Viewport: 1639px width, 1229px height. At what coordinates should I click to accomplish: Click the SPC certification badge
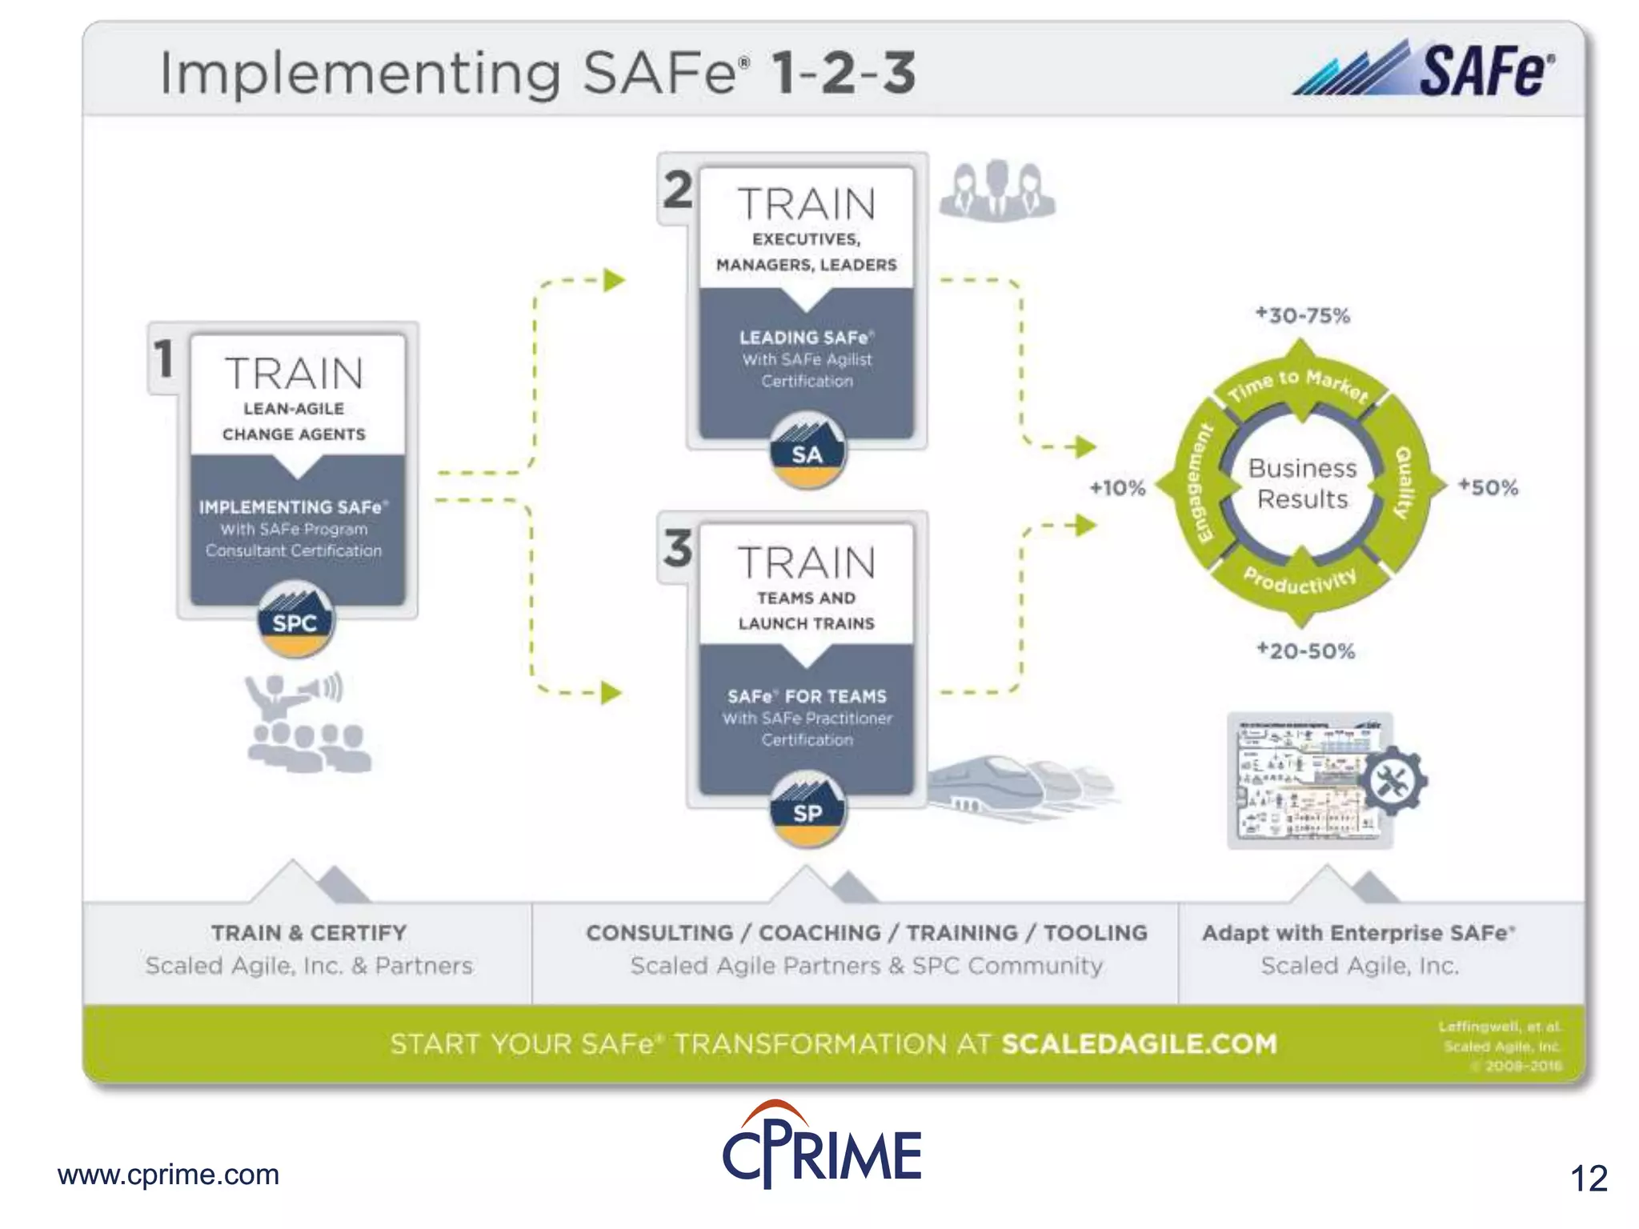(295, 621)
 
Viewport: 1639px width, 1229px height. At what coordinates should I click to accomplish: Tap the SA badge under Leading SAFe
(807, 453)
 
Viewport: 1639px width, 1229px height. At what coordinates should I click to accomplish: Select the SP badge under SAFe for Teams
(807, 811)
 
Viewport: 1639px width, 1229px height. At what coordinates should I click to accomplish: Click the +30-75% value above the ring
(1302, 315)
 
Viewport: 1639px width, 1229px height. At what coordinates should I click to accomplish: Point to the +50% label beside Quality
(1488, 487)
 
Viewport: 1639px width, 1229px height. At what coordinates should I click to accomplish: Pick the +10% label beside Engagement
(1117, 487)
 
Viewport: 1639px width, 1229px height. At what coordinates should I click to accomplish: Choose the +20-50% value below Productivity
(1305, 651)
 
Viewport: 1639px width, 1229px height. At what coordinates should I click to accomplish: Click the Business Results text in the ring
(1302, 483)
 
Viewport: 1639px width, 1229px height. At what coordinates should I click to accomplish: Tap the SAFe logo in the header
(1425, 70)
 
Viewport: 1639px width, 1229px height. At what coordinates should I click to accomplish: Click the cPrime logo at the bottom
(822, 1146)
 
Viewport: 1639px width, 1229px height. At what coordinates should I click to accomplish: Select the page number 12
(1589, 1179)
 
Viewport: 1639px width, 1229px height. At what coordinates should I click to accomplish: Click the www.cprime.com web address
(168, 1175)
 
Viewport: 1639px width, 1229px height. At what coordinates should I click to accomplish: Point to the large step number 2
(678, 190)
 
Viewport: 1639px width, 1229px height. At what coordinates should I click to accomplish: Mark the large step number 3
(678, 549)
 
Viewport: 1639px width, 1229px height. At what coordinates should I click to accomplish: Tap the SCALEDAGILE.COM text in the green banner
(1139, 1044)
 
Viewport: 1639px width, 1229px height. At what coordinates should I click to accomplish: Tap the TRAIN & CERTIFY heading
(309, 933)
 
